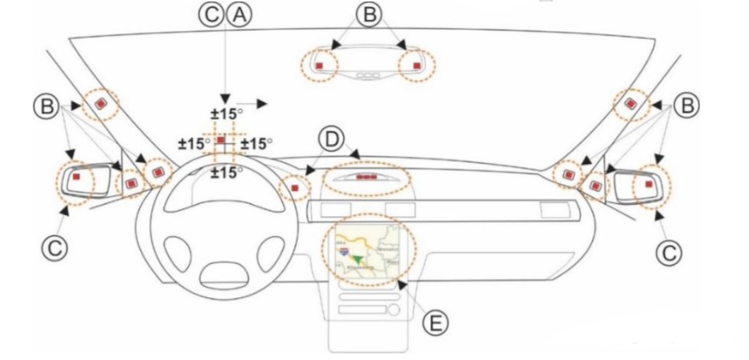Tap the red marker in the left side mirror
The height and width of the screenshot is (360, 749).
(75, 177)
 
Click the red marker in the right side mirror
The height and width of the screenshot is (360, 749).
(648, 184)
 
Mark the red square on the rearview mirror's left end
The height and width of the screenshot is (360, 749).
(319, 66)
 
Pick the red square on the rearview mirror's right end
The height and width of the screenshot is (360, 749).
(417, 65)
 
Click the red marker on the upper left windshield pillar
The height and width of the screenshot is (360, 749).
(101, 104)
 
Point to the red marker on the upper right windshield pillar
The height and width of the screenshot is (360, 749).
(632, 104)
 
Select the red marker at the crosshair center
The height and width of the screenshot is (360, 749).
(221, 141)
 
